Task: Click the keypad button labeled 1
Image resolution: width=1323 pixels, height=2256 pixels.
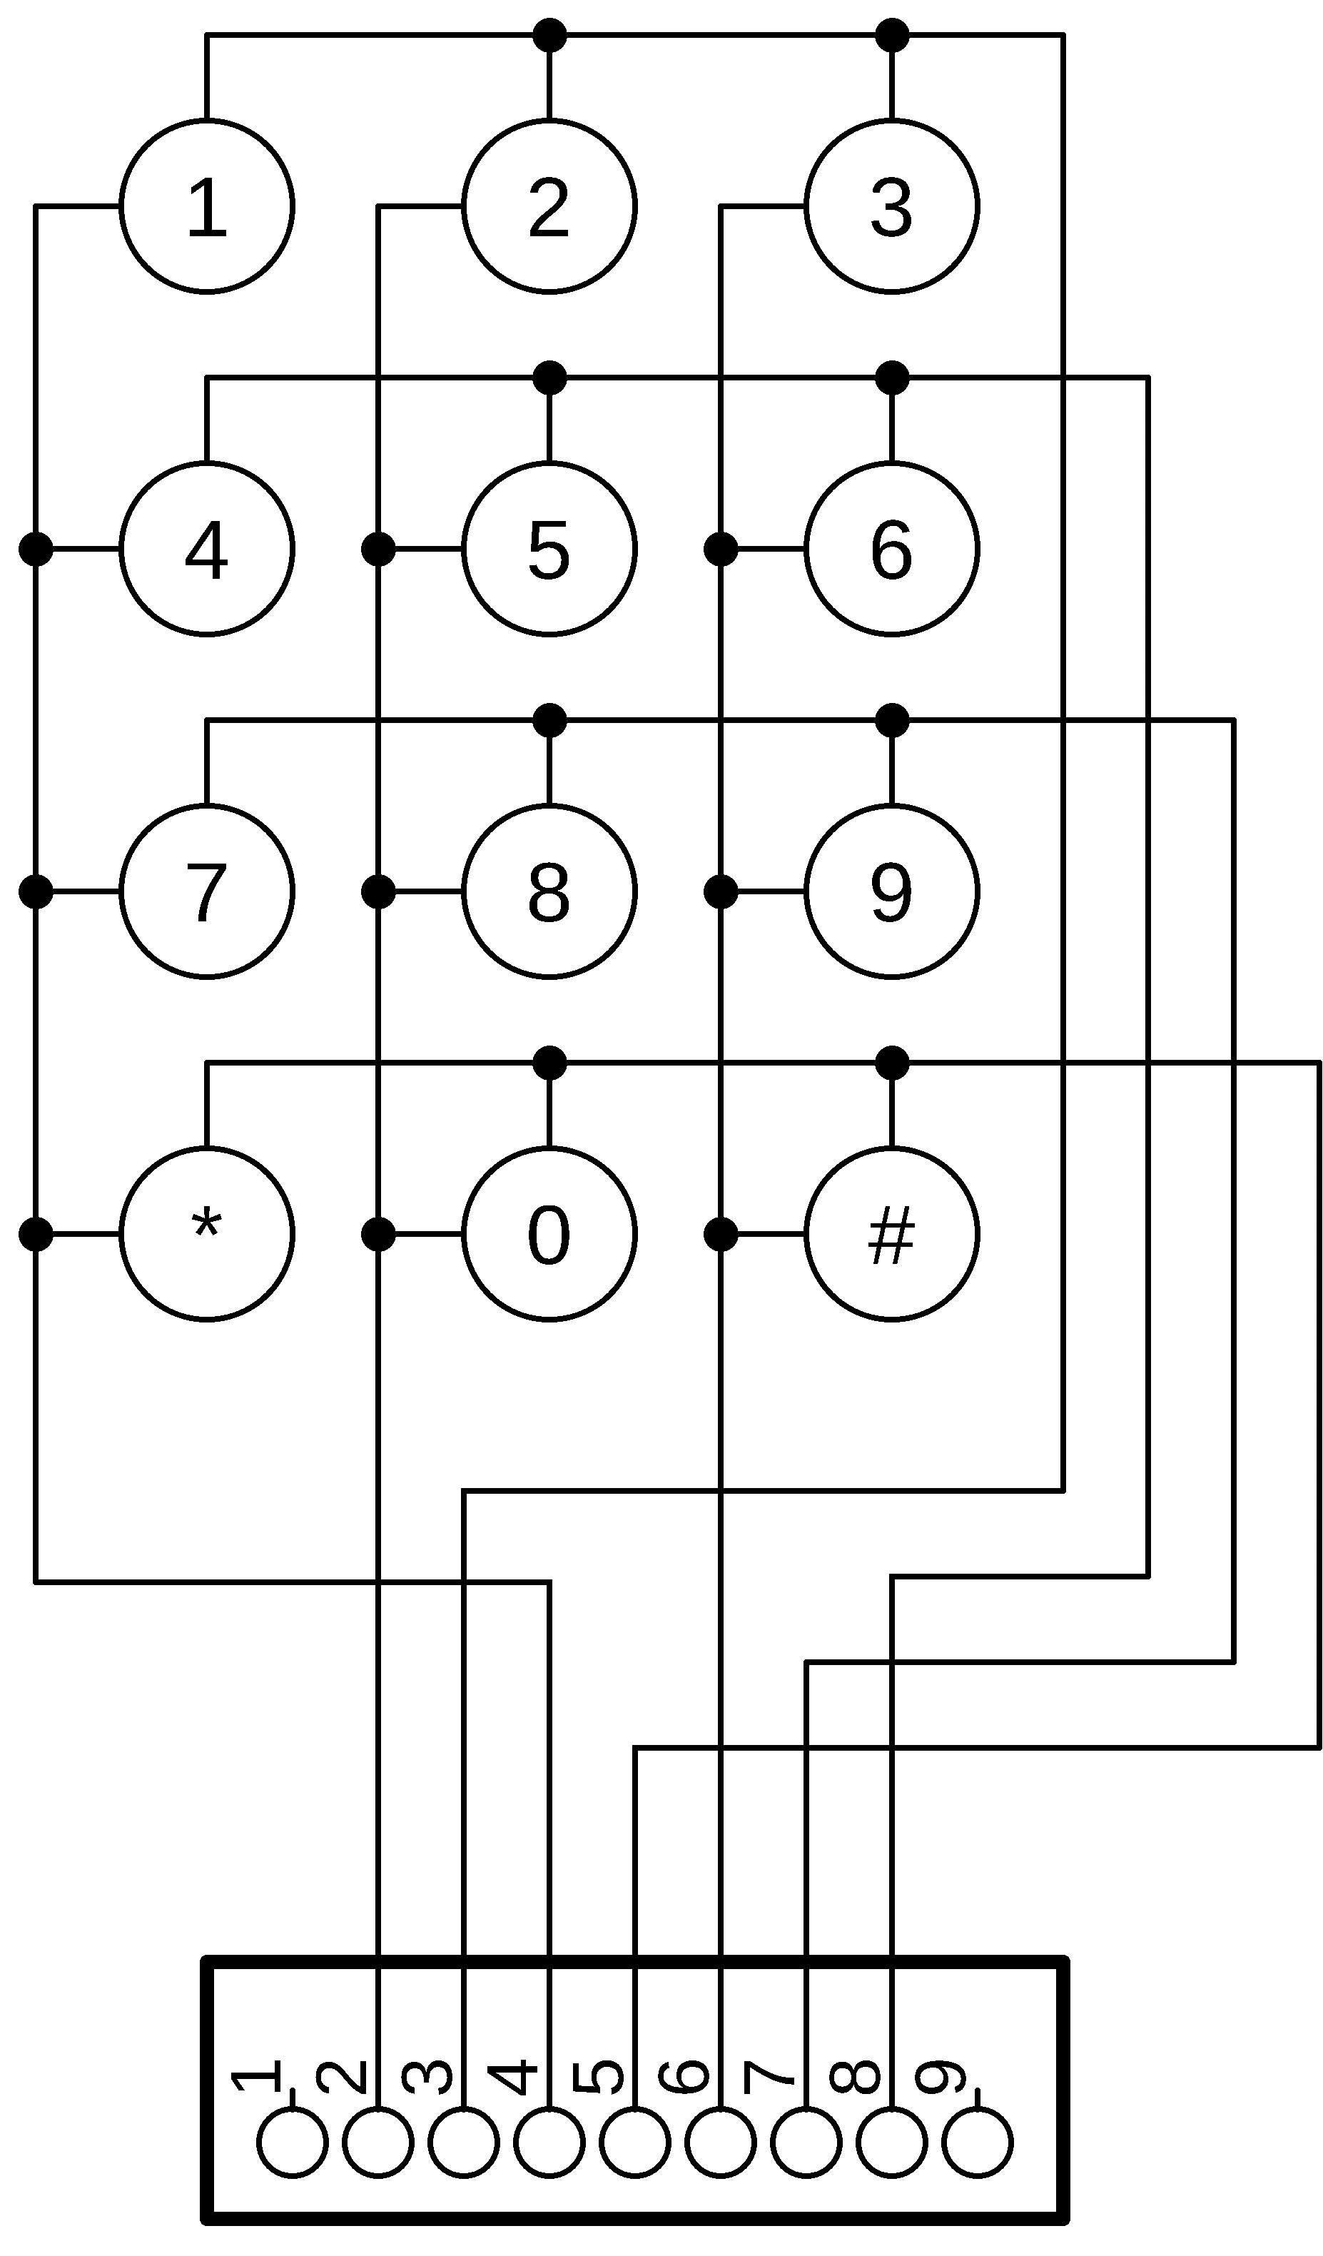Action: point(207,206)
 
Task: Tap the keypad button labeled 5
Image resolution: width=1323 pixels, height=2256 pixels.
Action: point(549,549)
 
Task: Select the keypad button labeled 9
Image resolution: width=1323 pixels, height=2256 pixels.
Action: point(891,891)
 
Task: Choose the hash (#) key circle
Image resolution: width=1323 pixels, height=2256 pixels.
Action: point(891,1234)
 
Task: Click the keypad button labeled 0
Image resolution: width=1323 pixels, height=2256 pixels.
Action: point(549,1234)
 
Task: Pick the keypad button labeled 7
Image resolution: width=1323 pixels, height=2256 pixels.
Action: point(207,891)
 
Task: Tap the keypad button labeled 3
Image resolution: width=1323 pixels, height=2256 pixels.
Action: point(891,206)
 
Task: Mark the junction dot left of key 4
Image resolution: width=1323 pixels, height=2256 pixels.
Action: point(36,549)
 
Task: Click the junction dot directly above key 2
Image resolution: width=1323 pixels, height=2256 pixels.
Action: point(549,36)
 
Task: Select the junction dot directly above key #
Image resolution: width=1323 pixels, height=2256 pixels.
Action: point(891,1063)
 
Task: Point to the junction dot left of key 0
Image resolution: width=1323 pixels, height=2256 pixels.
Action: point(377,1234)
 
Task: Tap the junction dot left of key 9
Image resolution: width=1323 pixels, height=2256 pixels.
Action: point(721,891)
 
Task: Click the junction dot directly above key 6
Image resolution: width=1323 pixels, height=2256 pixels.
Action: point(891,378)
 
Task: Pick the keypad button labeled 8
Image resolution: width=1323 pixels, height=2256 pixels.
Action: point(549,891)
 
